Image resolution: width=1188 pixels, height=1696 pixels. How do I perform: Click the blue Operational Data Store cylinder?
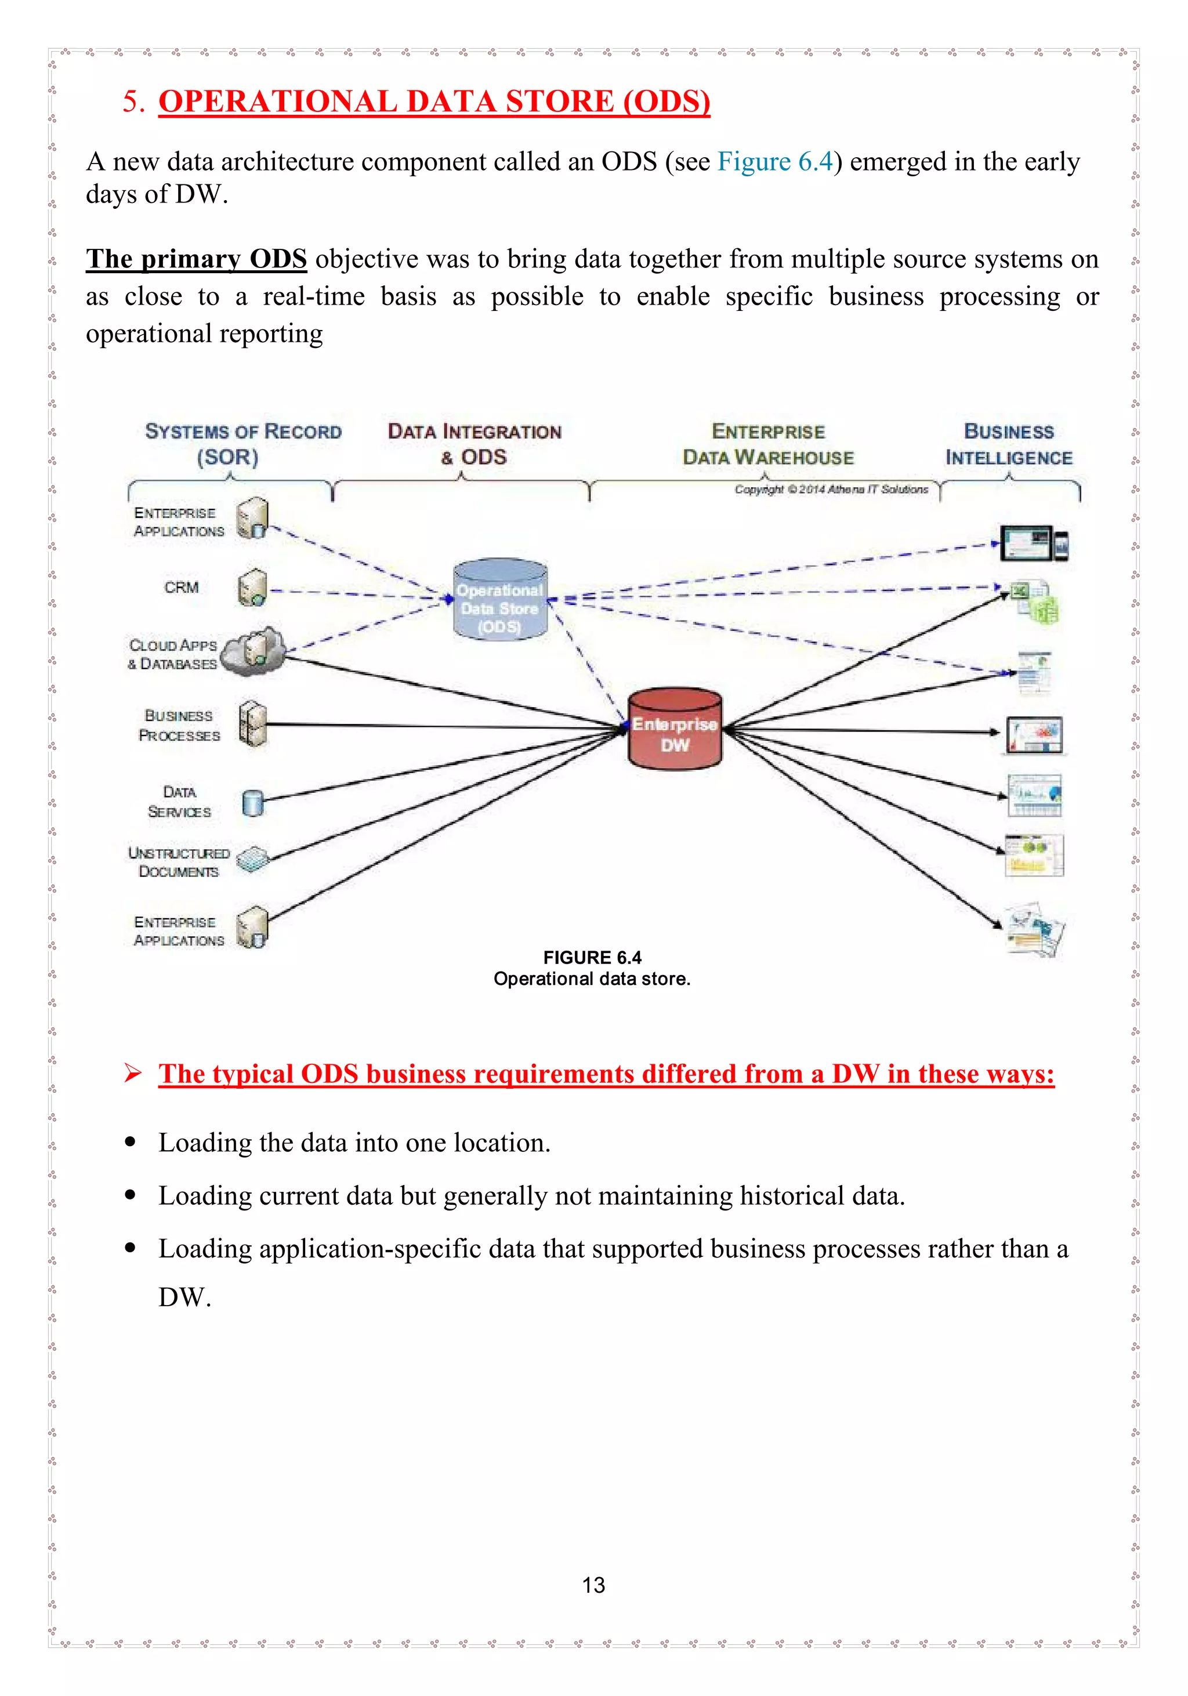pos(500,599)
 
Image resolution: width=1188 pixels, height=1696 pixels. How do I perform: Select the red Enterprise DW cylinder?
pos(675,730)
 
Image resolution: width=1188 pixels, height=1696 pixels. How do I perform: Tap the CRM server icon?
pos(252,588)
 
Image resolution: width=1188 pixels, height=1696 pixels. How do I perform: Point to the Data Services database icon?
pos(253,802)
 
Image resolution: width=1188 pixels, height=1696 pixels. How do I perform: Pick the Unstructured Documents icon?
pos(253,859)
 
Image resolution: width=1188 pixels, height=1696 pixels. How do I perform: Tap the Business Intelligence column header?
pos(1009,444)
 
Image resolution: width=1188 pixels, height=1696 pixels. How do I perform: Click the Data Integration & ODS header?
pos(475,444)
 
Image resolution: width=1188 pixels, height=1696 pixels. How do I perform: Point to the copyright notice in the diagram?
pos(831,489)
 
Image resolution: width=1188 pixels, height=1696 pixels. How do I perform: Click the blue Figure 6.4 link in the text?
pos(775,162)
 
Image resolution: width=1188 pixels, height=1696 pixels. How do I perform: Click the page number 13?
pos(593,1585)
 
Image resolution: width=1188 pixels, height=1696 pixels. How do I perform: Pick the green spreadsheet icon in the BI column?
pos(1038,602)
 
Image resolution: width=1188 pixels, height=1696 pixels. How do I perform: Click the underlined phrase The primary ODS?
pos(196,259)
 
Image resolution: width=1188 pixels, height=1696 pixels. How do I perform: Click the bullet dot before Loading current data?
pos(131,1195)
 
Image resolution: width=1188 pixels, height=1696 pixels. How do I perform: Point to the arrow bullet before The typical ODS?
pos(133,1073)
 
